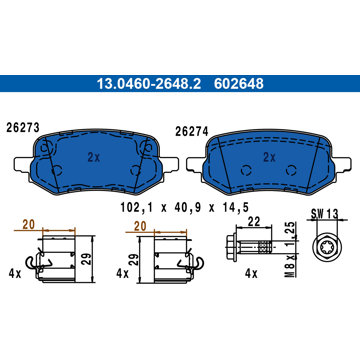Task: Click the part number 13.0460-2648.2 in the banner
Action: click(149, 84)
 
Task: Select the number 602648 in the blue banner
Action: click(239, 84)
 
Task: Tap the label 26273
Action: click(23, 127)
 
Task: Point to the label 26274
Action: click(192, 132)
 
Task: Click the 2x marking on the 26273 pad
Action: click(94, 158)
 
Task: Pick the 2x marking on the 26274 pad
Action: click(269, 158)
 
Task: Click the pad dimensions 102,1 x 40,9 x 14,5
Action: click(184, 208)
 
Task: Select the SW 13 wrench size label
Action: click(325, 213)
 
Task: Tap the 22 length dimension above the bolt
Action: click(254, 223)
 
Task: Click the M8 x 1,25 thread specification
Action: click(290, 250)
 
